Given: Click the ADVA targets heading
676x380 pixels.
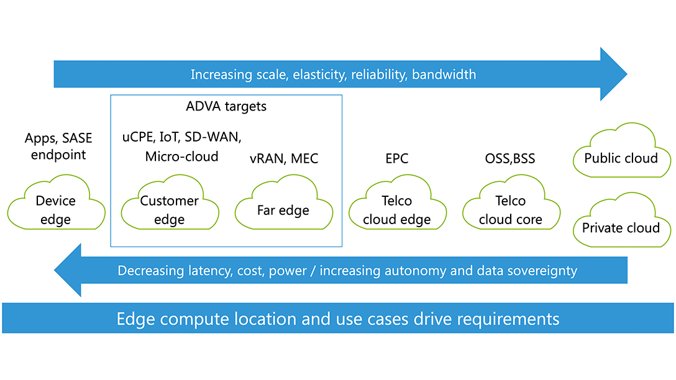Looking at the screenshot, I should pyautogui.click(x=226, y=106).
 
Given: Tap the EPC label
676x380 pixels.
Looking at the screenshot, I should pyautogui.click(x=396, y=159).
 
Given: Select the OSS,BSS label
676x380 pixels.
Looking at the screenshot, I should pyautogui.click(x=510, y=159).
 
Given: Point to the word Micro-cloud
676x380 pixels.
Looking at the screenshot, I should pyautogui.click(x=181, y=156).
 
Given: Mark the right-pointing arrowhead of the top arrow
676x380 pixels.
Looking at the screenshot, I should pyautogui.click(x=614, y=74).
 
